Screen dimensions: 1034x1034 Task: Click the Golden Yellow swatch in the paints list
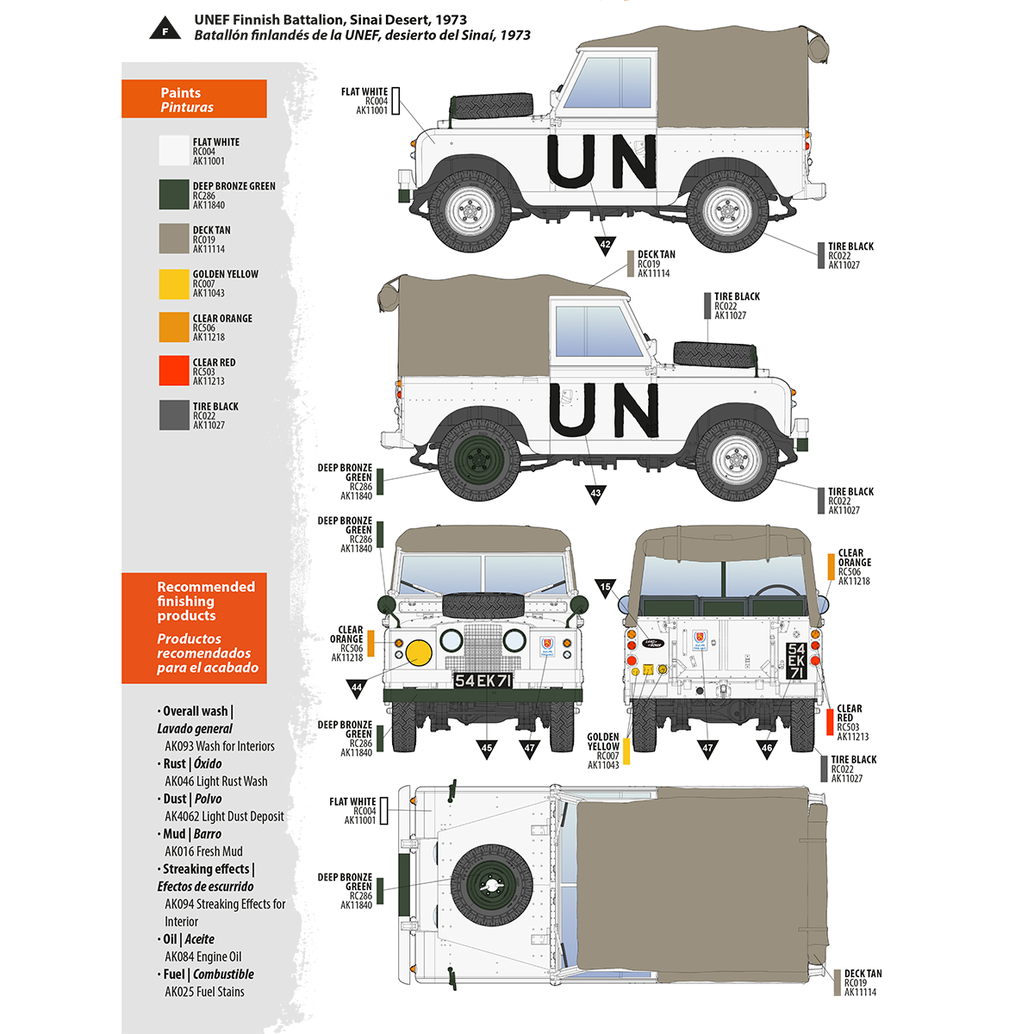173,283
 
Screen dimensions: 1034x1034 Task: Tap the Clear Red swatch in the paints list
173,371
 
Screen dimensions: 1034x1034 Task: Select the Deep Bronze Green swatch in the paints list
173,195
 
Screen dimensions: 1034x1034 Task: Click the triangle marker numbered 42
605,245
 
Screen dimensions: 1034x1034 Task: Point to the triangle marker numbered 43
595,494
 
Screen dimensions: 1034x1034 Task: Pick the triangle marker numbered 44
357,687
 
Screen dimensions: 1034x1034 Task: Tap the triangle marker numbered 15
605,589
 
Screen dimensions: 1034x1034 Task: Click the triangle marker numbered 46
767,748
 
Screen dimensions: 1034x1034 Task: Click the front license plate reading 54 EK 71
483,681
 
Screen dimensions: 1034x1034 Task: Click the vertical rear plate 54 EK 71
796,661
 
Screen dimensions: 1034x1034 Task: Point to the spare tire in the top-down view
491,885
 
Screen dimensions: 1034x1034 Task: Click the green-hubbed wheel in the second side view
479,459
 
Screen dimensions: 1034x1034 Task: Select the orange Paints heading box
194,99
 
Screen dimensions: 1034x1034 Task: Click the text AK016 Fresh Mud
203,851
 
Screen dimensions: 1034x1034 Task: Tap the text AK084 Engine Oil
203,956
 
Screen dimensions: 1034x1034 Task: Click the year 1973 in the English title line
451,20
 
